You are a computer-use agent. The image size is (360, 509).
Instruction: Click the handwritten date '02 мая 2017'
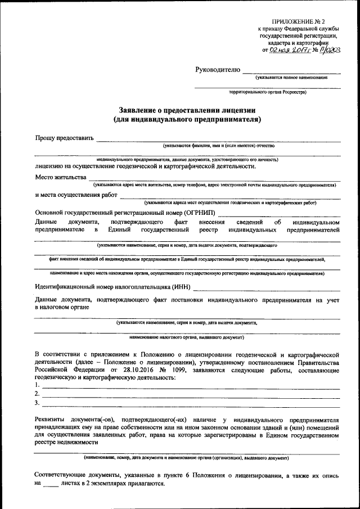pos(289,49)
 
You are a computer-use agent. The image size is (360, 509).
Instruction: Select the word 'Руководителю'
pos(217,70)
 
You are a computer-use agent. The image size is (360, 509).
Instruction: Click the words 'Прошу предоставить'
pos(63,138)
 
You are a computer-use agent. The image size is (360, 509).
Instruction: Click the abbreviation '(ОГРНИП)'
pos(199,213)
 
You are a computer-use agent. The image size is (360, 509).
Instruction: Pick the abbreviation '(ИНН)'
pos(179,287)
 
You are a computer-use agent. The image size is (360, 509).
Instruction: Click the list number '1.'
pos(37,385)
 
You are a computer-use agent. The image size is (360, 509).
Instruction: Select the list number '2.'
pos(37,394)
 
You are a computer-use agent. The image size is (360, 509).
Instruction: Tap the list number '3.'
pos(37,403)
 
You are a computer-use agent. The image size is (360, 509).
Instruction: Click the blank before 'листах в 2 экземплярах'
pos(51,483)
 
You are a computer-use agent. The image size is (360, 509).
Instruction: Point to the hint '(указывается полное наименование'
pos(291,77)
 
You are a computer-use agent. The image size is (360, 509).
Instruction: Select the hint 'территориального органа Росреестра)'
pos(268,92)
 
